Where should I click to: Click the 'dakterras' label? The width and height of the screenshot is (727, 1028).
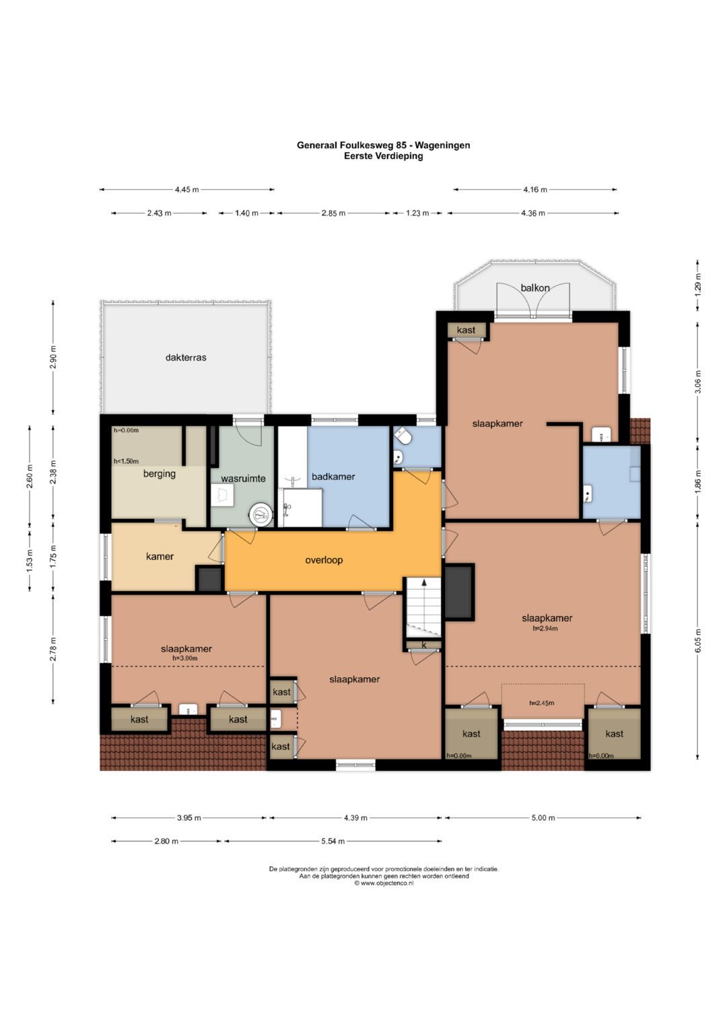(186, 357)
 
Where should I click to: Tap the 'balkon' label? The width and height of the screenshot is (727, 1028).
(535, 287)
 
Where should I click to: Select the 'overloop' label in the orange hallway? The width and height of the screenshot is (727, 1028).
(324, 560)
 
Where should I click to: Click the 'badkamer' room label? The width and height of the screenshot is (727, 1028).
(333, 477)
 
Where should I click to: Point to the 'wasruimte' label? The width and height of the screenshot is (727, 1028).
(243, 479)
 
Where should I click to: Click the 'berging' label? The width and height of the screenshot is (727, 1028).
(160, 474)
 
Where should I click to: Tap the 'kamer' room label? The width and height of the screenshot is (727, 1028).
(160, 556)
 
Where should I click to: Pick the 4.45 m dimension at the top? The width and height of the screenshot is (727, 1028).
(187, 190)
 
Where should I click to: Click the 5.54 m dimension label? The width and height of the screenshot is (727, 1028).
(333, 842)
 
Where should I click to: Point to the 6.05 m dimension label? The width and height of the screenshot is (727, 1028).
(697, 640)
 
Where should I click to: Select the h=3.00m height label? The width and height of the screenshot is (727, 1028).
(185, 658)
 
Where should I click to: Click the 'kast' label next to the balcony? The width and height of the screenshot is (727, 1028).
(466, 330)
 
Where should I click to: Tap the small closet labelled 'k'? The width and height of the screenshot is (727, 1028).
(424, 645)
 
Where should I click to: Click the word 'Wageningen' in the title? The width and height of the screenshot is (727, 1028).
(442, 145)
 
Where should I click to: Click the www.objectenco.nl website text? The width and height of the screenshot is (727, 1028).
(384, 883)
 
